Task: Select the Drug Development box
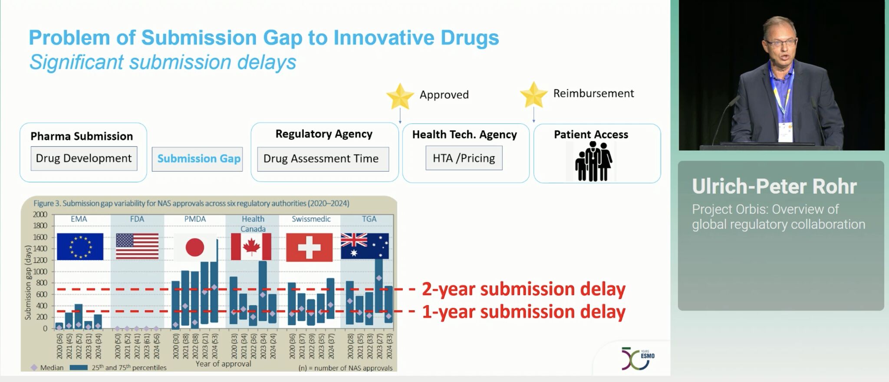84,158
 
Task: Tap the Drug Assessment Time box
323,159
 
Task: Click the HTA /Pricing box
464,158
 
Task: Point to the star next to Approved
400,96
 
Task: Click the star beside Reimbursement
533,95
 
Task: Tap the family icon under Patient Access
593,161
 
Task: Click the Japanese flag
195,247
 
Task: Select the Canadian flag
251,247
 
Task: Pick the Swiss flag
309,248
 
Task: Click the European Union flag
80,247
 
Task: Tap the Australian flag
365,246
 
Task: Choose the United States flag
137,246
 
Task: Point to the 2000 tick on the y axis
40,215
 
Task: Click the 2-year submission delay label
524,289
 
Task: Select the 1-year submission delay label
524,312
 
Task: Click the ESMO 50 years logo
638,358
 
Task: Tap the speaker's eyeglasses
781,42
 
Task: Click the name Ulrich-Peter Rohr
774,186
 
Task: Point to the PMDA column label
195,219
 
